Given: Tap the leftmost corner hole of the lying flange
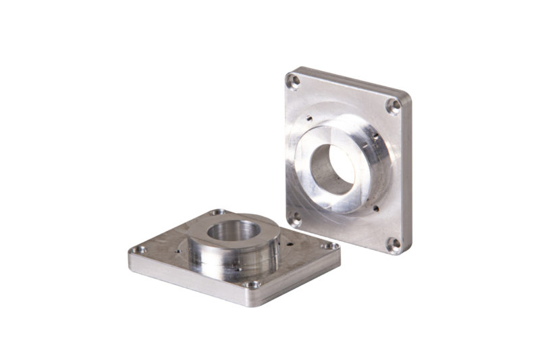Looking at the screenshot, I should click(x=140, y=249).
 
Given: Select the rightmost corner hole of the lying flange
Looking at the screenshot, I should click(x=330, y=245).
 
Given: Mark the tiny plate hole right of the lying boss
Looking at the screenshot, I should click(x=289, y=238).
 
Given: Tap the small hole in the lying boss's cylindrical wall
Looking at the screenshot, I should click(x=238, y=268).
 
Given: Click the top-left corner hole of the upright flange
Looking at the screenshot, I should click(x=294, y=81).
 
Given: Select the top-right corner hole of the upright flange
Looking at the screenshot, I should click(x=394, y=106).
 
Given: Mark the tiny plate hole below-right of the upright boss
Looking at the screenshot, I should click(x=375, y=209).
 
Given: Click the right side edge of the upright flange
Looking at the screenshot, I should click(x=408, y=176).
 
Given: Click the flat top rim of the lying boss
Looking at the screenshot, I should click(x=263, y=224).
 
